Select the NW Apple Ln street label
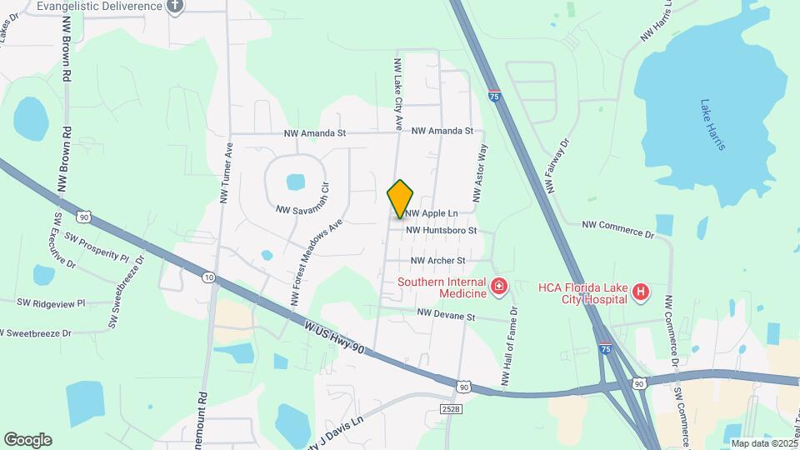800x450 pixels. click(432, 213)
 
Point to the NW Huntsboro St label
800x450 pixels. click(441, 230)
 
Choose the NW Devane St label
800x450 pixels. click(446, 316)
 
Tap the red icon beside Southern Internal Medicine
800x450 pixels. click(498, 287)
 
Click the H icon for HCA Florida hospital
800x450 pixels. click(640, 292)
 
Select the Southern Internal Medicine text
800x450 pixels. click(442, 287)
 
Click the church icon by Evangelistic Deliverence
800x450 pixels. click(174, 7)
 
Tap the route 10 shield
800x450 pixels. click(208, 276)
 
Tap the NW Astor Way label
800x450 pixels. click(480, 172)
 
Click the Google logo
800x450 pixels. click(27, 440)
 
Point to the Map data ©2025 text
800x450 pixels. click(763, 443)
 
